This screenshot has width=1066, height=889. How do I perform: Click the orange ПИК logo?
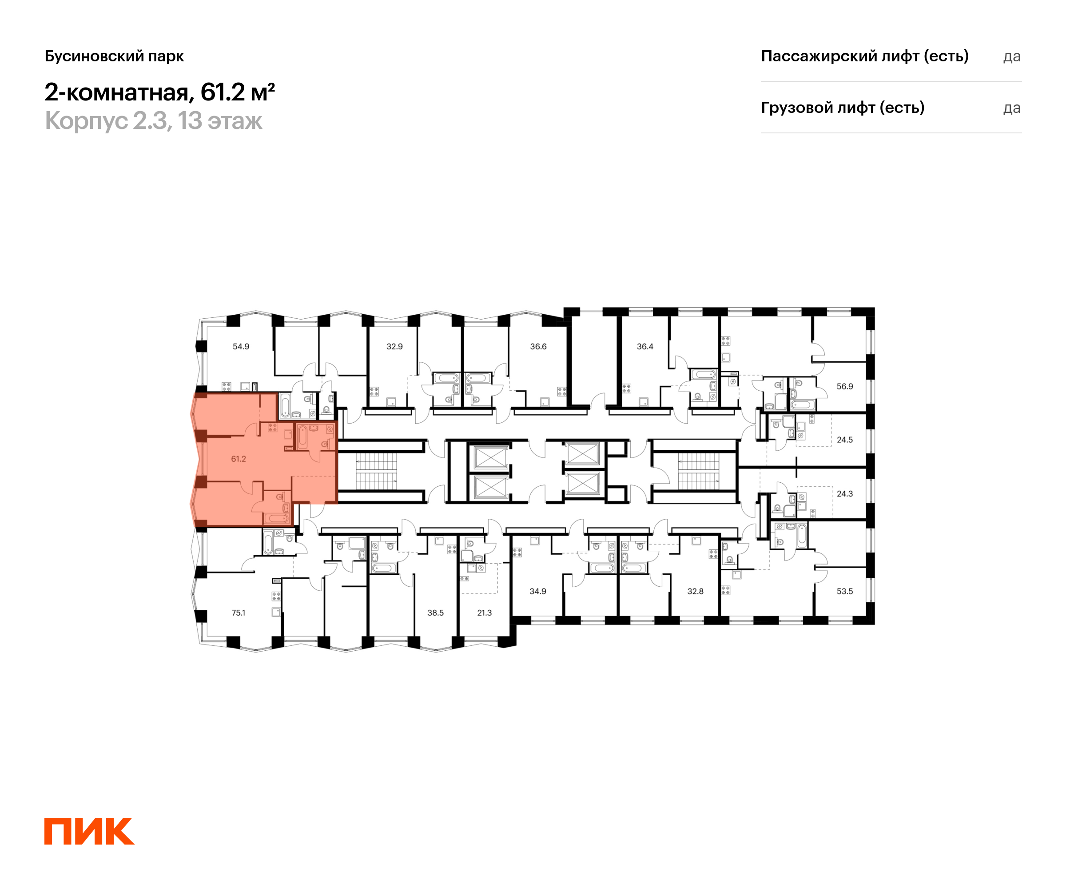point(89,831)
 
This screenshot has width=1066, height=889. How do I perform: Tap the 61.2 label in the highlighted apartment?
point(239,459)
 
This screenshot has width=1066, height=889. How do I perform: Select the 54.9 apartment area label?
point(241,346)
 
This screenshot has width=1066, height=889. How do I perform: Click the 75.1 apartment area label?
point(239,613)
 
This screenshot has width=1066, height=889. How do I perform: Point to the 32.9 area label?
point(394,346)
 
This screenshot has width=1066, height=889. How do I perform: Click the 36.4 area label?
point(645,346)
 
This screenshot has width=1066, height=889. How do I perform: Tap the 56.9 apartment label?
point(845,386)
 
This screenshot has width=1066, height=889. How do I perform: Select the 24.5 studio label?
point(845,440)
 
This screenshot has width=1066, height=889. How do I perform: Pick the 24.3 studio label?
point(845,493)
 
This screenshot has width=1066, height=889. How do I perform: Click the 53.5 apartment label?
point(845,591)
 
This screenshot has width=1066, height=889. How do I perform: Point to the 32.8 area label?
point(696,591)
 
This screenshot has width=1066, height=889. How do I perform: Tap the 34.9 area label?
point(538,591)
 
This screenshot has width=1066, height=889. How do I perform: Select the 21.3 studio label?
point(485,613)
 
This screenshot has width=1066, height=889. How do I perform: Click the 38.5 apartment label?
point(436,613)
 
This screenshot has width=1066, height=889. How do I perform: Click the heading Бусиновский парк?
point(114,56)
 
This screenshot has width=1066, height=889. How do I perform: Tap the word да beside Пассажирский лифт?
point(1012,57)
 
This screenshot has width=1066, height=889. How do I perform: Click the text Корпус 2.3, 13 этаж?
point(154,121)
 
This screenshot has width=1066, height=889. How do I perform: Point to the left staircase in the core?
point(376,472)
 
